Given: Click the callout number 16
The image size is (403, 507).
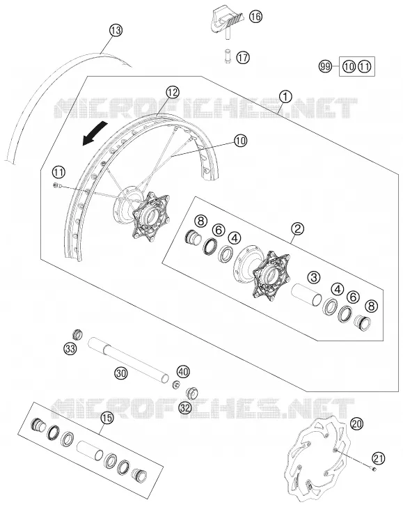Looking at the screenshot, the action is pyautogui.click(x=255, y=16).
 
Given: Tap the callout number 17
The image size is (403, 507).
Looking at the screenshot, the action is pyautogui.click(x=243, y=58).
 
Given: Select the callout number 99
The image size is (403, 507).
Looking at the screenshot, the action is pyautogui.click(x=325, y=67).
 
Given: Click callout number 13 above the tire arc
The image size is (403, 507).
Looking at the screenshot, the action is pyautogui.click(x=116, y=31).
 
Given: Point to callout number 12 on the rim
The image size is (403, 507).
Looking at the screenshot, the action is pyautogui.click(x=173, y=93).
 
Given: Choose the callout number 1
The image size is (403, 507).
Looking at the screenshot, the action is pyautogui.click(x=285, y=96).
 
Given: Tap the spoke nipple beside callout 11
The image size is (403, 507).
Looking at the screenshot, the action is pyautogui.click(x=56, y=185).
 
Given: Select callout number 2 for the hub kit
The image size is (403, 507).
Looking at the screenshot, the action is pyautogui.click(x=297, y=229).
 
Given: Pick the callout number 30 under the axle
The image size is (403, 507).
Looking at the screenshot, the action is pyautogui.click(x=121, y=374).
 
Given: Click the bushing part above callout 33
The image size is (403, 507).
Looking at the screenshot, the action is pyautogui.click(x=77, y=334).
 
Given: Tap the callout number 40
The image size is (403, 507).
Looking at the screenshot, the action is pyautogui.click(x=183, y=371).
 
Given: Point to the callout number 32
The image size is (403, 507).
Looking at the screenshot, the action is pyautogui.click(x=185, y=408).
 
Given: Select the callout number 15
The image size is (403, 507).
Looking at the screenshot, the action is pyautogui.click(x=107, y=418).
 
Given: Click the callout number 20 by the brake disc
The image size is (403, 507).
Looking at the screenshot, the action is pyautogui.click(x=356, y=423).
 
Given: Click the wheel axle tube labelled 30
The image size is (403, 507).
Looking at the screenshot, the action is pyautogui.click(x=129, y=359).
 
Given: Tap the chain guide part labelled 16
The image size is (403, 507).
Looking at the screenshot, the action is pyautogui.click(x=227, y=22).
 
